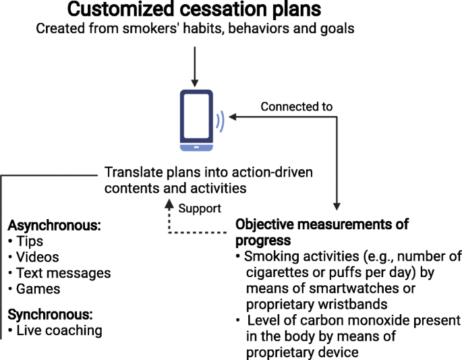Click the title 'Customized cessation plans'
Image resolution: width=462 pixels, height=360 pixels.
coord(194,9)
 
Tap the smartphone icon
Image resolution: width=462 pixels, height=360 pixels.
coord(196,120)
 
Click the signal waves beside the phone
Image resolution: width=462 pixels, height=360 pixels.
coord(220,121)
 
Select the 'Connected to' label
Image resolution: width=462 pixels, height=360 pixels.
coord(296,107)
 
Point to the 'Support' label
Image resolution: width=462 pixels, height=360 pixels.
coord(200,208)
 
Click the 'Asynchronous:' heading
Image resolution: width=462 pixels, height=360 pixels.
coord(54,226)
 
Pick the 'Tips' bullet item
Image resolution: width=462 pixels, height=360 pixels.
coord(30,241)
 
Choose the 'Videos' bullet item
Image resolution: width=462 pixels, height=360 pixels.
coord(37,257)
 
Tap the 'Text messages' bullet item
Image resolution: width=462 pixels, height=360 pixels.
coord(63,273)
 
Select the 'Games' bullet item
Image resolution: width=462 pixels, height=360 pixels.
coord(38,289)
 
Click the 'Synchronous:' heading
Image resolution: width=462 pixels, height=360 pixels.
coord(50,315)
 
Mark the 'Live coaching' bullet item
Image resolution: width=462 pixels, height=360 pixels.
coord(59,330)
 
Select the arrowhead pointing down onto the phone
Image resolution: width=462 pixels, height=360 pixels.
coord(194,83)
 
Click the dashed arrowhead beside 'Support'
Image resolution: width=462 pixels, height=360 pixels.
coord(169,204)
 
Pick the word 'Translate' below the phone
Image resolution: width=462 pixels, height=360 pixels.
coord(134,173)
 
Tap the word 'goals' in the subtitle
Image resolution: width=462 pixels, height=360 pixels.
coord(337,29)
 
